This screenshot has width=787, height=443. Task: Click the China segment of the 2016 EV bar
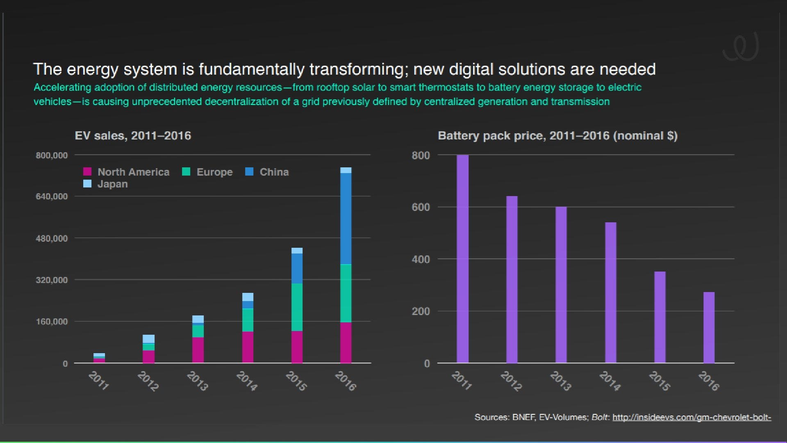346,219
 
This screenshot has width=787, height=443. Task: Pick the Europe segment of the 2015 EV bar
297,307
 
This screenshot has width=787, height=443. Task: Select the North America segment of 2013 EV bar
198,350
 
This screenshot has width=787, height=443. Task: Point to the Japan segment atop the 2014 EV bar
248,297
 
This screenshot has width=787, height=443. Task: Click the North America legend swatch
87,171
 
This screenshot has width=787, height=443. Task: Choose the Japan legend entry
112,184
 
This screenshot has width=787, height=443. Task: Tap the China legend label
274,172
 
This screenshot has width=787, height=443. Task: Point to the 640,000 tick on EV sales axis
52,196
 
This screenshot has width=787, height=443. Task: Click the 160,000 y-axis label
52,322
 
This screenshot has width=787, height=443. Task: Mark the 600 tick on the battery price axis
421,207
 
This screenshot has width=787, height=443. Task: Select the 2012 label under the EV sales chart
148,381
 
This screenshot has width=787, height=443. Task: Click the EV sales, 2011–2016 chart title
133,136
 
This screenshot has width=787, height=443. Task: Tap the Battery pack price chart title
557,136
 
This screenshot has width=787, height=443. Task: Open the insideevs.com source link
691,417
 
